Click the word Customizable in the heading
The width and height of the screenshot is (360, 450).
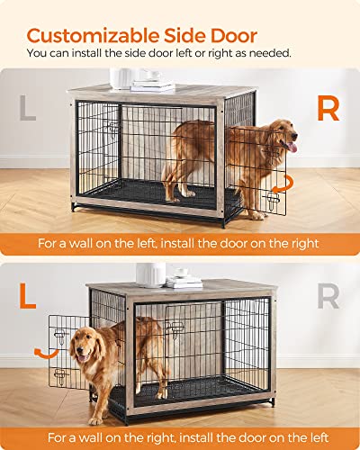click(96, 35)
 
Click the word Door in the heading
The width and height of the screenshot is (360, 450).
click(236, 35)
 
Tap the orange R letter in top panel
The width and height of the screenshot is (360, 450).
click(329, 110)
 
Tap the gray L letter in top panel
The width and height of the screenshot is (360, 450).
click(31, 110)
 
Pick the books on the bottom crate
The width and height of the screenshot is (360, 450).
click(185, 282)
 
